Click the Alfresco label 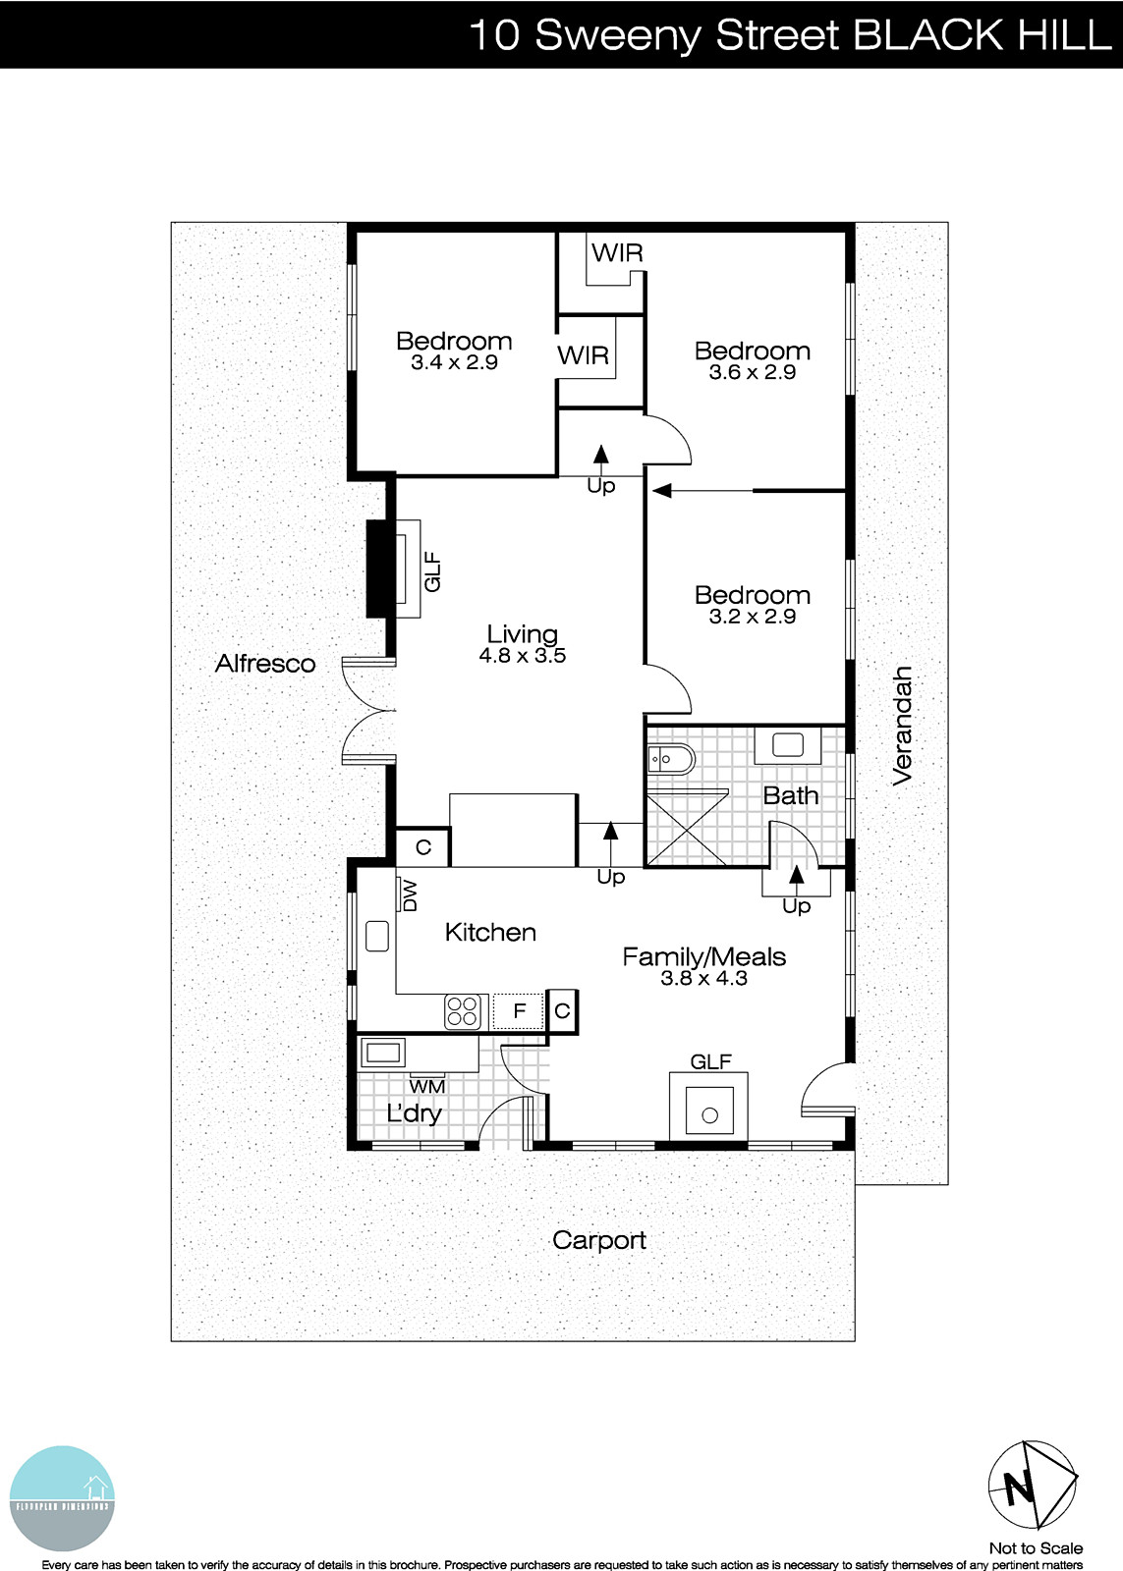pyautogui.click(x=265, y=664)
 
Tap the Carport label pyautogui.click(x=598, y=1240)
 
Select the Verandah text pyautogui.click(x=903, y=725)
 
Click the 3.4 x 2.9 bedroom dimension pyautogui.click(x=454, y=362)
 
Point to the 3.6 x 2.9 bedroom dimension pyautogui.click(x=752, y=372)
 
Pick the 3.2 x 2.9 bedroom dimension pyautogui.click(x=752, y=617)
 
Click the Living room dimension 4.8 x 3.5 pyautogui.click(x=522, y=656)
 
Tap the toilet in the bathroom pyautogui.click(x=671, y=758)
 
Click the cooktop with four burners pyautogui.click(x=464, y=1011)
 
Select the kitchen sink pyautogui.click(x=377, y=936)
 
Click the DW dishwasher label pyautogui.click(x=410, y=894)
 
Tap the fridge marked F pyautogui.click(x=520, y=1010)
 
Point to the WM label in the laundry pyautogui.click(x=426, y=1086)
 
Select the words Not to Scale pyautogui.click(x=1036, y=1548)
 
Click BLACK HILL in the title pyautogui.click(x=981, y=35)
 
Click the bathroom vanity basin pyautogui.click(x=788, y=745)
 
